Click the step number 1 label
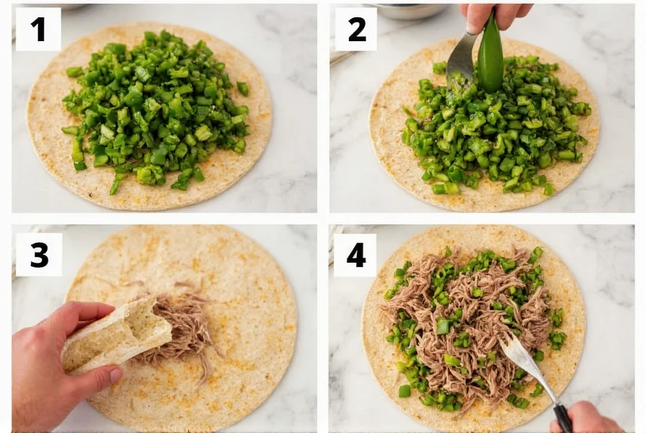click(x=38, y=29)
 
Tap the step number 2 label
click(x=356, y=29)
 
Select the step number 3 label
click(x=38, y=254)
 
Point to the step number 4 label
click(x=355, y=255)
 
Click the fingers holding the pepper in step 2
click(x=487, y=14)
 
